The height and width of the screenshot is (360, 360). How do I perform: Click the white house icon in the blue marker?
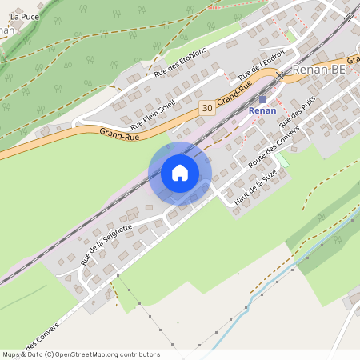pos(179,172)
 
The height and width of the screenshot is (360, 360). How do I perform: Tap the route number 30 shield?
pos(208,107)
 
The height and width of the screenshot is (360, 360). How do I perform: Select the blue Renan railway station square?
pos(262,99)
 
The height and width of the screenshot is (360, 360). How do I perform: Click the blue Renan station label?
pos(262,110)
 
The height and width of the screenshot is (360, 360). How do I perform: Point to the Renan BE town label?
pos(320,69)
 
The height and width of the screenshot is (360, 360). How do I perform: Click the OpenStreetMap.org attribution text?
pos(115,354)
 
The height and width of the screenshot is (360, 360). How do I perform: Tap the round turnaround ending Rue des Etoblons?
pos(220,73)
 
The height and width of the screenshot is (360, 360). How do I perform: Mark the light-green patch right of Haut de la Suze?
pos(282,160)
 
